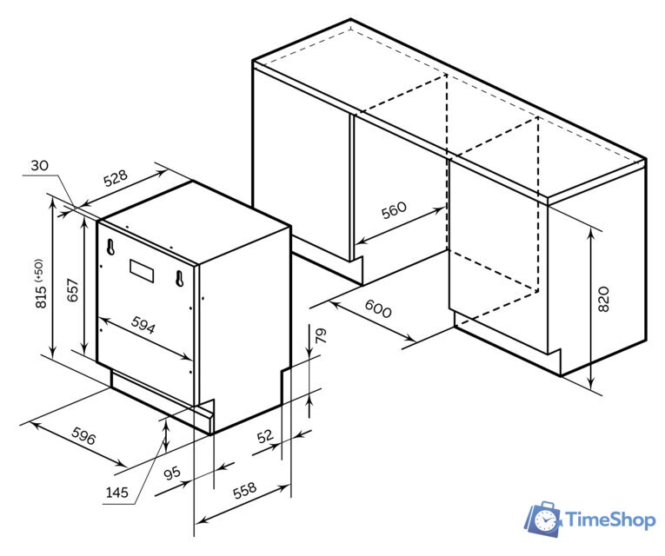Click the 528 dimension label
(x=116, y=178)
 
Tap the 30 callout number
(x=39, y=165)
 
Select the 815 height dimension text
(x=41, y=295)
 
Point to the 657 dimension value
(x=73, y=290)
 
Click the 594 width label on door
(x=143, y=325)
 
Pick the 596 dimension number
(x=83, y=435)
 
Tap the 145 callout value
(x=117, y=492)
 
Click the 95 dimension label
(x=173, y=473)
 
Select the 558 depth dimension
(x=245, y=490)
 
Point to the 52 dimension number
(x=265, y=435)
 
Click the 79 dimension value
(x=321, y=335)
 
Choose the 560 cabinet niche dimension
(x=394, y=209)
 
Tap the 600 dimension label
(x=378, y=308)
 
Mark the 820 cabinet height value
(x=603, y=299)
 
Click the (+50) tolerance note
(x=40, y=270)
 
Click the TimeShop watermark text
(x=611, y=520)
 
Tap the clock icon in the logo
(x=545, y=520)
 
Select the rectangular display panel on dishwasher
(x=142, y=271)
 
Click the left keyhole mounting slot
(x=110, y=247)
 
